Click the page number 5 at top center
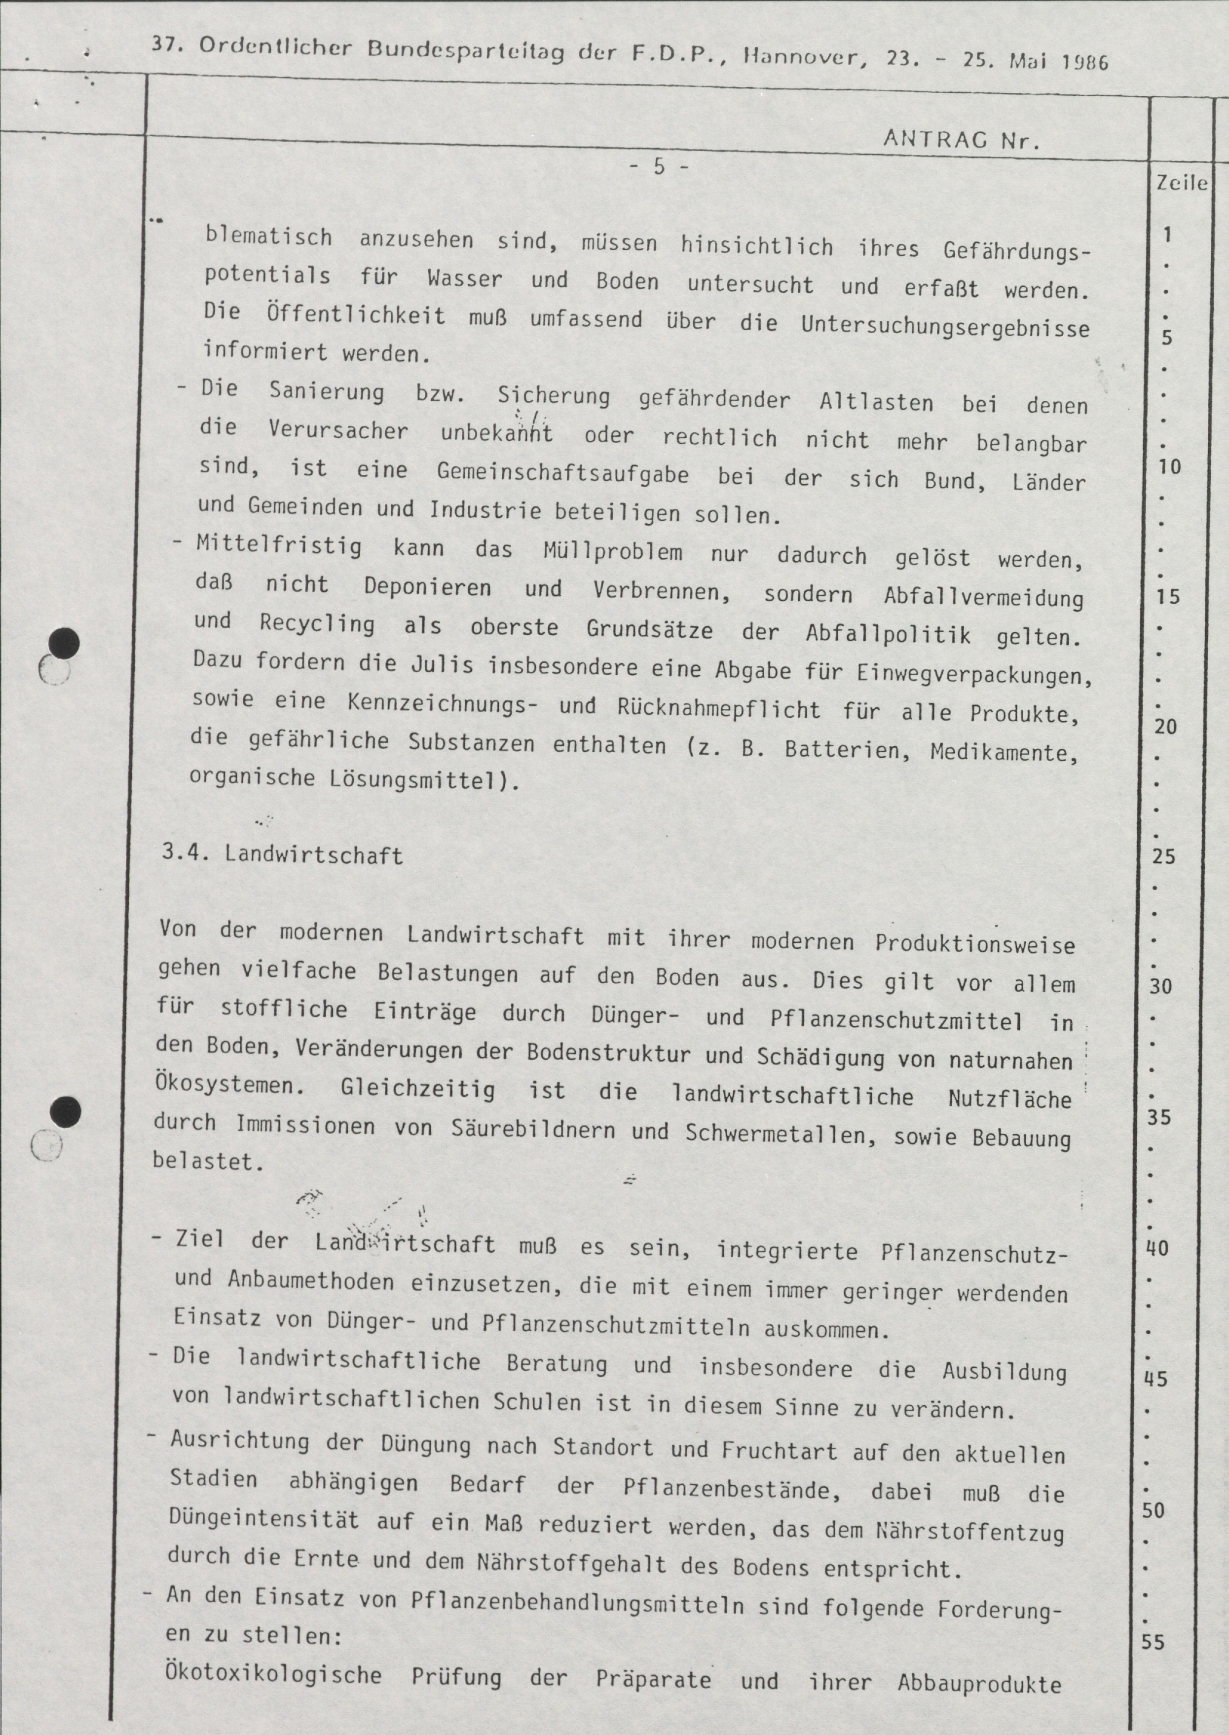click(x=658, y=166)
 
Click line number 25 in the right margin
click(x=1164, y=856)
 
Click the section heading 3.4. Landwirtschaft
click(x=282, y=854)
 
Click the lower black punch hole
click(x=64, y=1111)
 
